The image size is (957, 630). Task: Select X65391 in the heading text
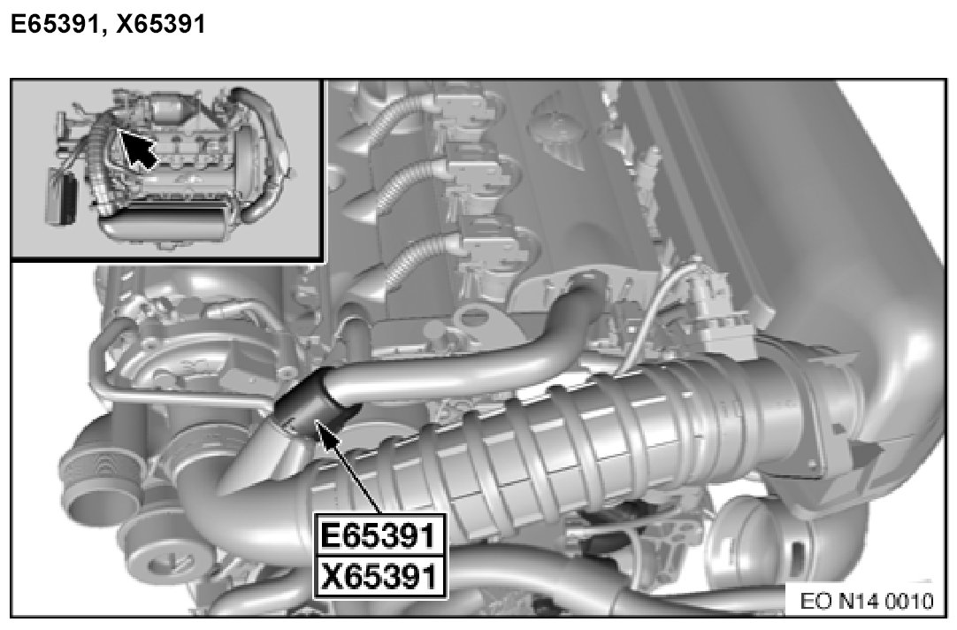click(x=160, y=24)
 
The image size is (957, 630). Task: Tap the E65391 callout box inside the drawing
click(x=379, y=534)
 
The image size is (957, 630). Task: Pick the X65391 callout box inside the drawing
click(x=379, y=576)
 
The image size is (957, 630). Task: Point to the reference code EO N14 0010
click(x=866, y=602)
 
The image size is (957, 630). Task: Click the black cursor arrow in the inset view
click(x=139, y=149)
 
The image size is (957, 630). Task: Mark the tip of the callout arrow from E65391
click(x=315, y=420)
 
